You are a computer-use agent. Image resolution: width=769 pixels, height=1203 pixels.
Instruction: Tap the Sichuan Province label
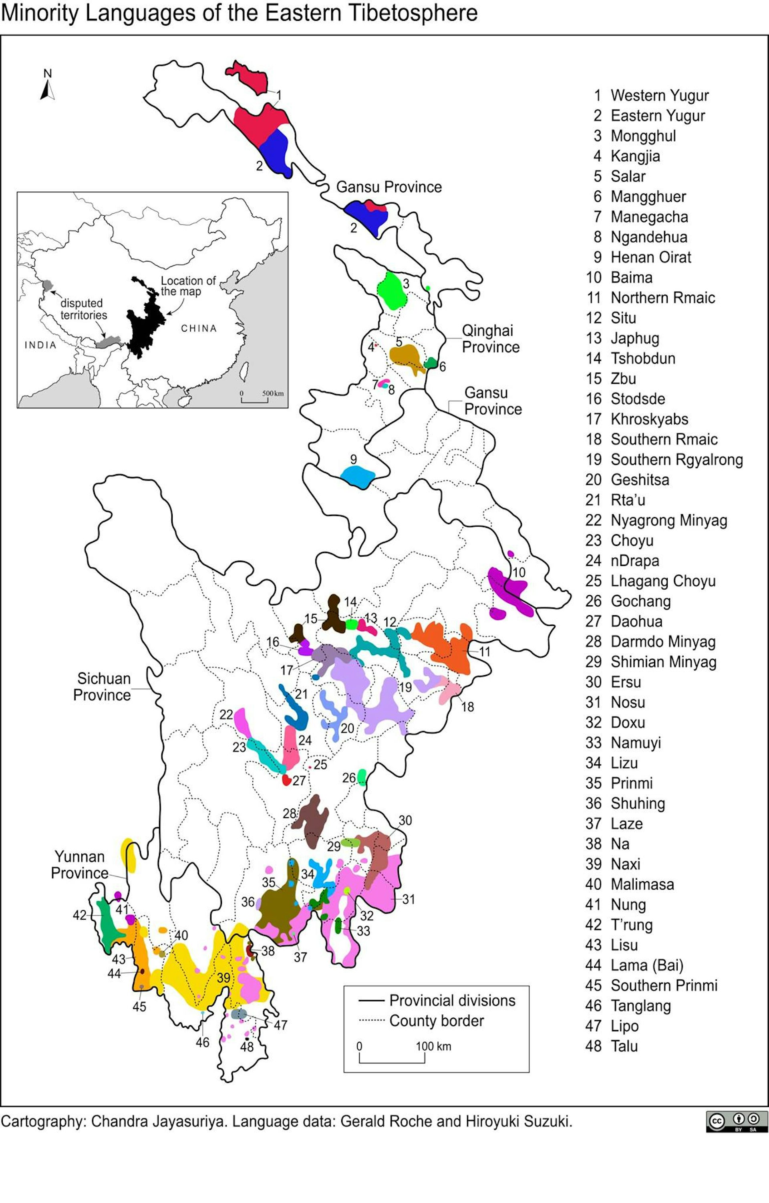point(102,686)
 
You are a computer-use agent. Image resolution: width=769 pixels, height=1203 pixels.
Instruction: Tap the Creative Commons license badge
point(736,1122)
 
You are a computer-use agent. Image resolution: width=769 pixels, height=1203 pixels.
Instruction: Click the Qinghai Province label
point(489,339)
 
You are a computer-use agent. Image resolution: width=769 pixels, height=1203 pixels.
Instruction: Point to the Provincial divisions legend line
point(370,1000)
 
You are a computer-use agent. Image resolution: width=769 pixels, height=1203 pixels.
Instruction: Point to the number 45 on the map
point(139,1006)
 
